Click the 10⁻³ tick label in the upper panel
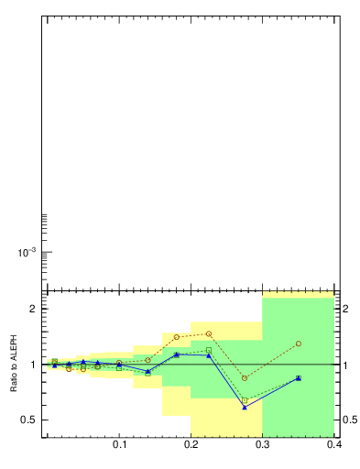coord(27,252)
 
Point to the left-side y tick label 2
coord(32,309)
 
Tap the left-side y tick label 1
coord(32,365)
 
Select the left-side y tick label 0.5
coord(27,420)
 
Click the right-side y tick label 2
coord(346,309)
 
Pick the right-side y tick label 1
coord(346,365)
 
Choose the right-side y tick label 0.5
coord(350,420)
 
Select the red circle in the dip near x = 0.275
coord(245,378)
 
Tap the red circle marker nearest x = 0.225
coord(209,333)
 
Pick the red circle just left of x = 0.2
coord(177,337)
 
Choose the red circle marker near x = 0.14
coord(147,360)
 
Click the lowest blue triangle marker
coord(245,407)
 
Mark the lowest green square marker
coord(245,400)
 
